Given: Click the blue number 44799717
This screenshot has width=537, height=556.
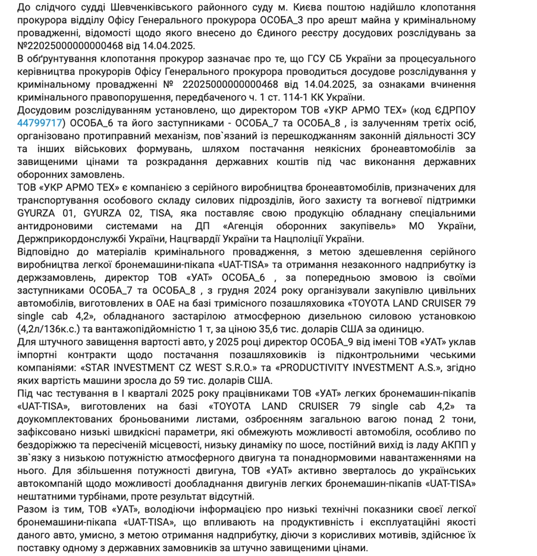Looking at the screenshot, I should click(40, 123).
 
